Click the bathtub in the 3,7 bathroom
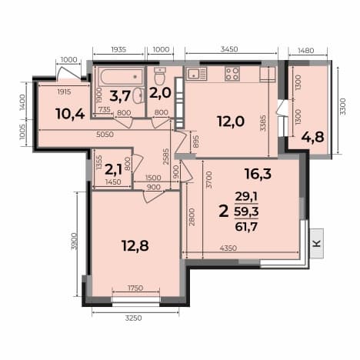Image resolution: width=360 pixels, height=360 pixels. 122,77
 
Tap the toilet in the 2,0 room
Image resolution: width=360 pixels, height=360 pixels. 160,76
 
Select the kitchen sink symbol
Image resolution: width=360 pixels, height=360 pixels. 197,73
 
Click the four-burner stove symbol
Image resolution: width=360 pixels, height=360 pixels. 232,74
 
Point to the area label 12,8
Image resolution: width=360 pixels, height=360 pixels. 135,246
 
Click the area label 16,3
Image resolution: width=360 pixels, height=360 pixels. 258,174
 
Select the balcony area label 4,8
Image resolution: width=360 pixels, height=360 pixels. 312,137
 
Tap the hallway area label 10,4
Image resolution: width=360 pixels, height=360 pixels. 70,114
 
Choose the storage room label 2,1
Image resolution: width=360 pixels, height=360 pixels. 113,170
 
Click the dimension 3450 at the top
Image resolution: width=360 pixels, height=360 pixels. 229,49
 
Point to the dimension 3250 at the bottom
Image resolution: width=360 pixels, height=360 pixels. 133,318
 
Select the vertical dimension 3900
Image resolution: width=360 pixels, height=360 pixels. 74,241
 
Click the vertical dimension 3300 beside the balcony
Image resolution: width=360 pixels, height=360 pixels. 343,106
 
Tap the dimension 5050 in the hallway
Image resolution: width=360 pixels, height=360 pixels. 105,134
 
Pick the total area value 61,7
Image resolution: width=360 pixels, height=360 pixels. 246,227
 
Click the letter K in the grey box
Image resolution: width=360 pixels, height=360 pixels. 317,243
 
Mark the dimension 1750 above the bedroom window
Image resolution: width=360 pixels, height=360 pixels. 135,288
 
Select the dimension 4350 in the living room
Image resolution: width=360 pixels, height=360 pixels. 228,248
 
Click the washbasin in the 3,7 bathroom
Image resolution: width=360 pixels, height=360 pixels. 138,95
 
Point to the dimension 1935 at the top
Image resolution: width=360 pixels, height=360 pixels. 119,49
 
